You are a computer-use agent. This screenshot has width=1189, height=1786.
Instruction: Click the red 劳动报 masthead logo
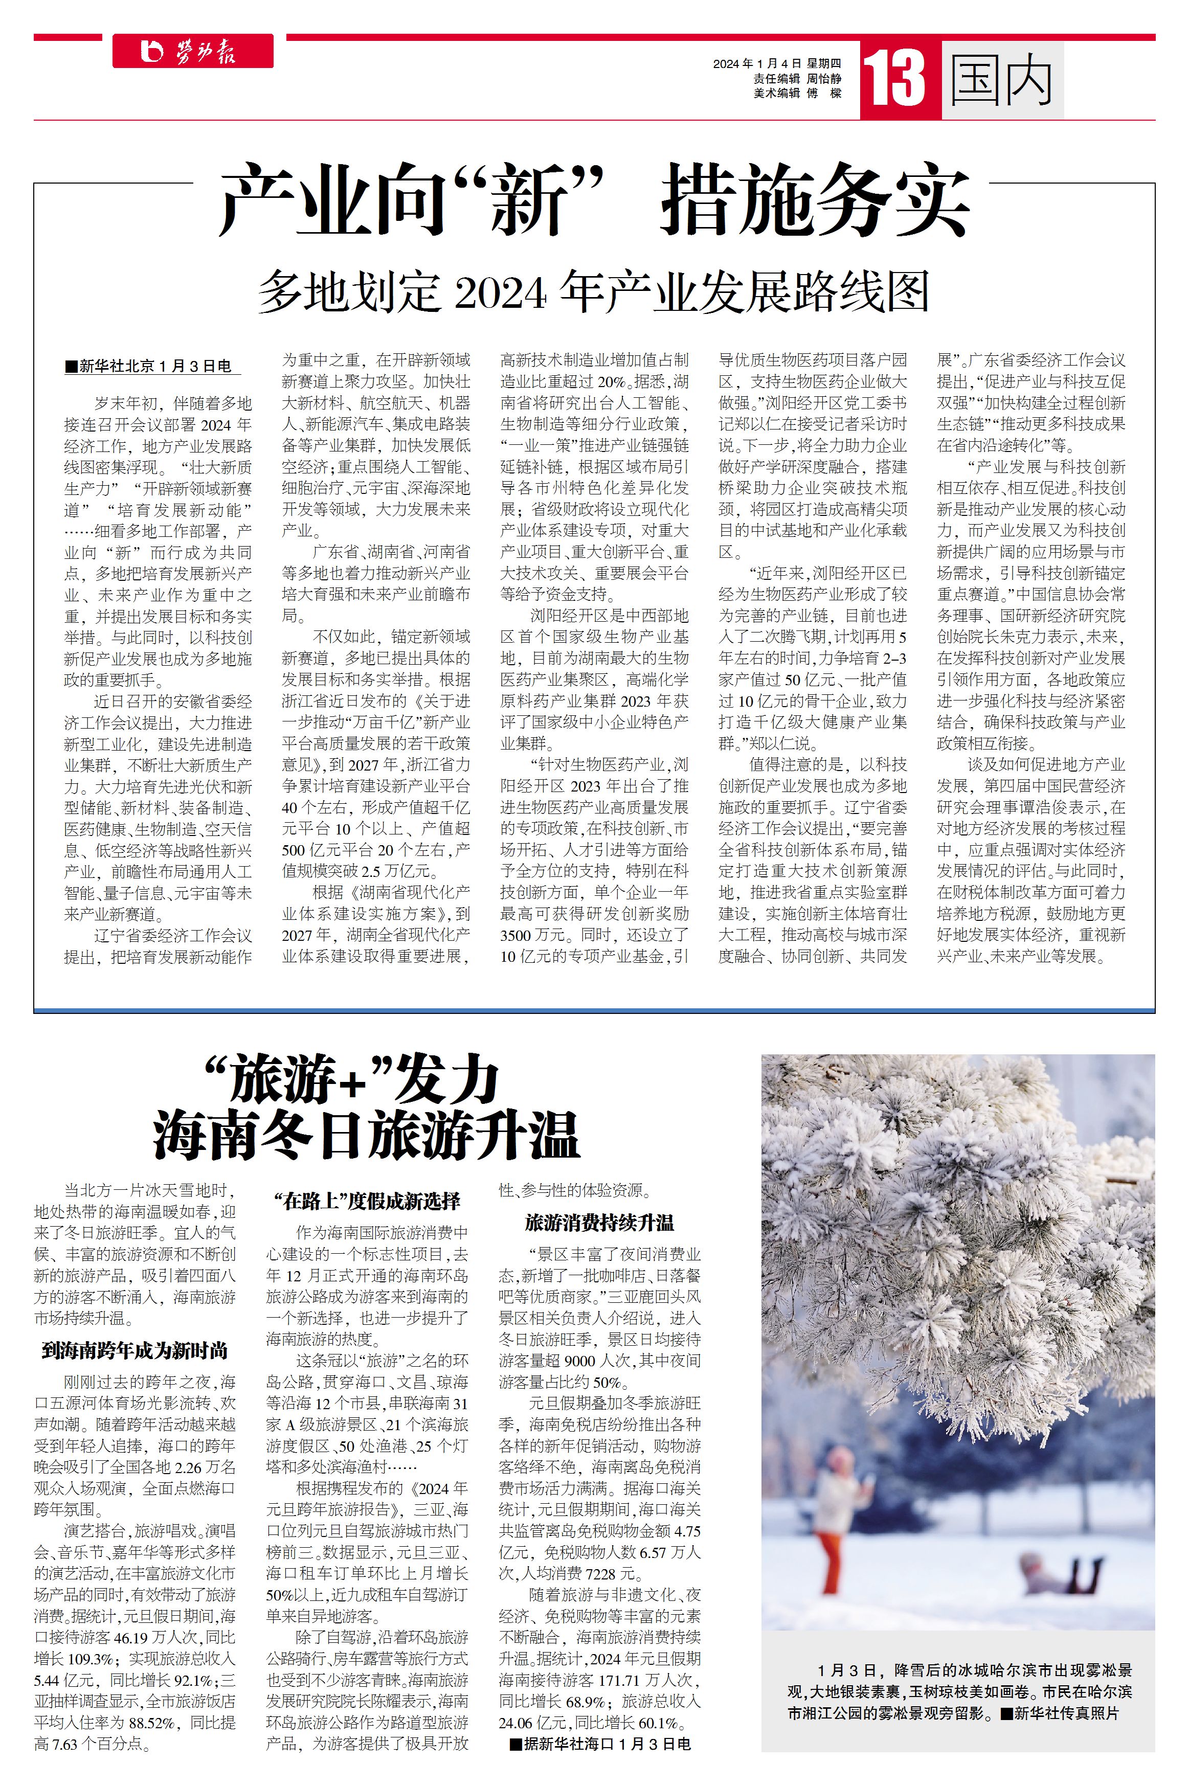(x=193, y=52)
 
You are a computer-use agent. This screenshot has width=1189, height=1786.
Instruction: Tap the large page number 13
(x=895, y=79)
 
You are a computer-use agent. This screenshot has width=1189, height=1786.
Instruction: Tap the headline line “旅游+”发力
(x=354, y=1079)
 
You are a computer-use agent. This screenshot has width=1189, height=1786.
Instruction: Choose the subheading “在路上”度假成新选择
(x=367, y=1200)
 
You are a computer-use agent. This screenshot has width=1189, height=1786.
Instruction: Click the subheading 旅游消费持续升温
(x=599, y=1222)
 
